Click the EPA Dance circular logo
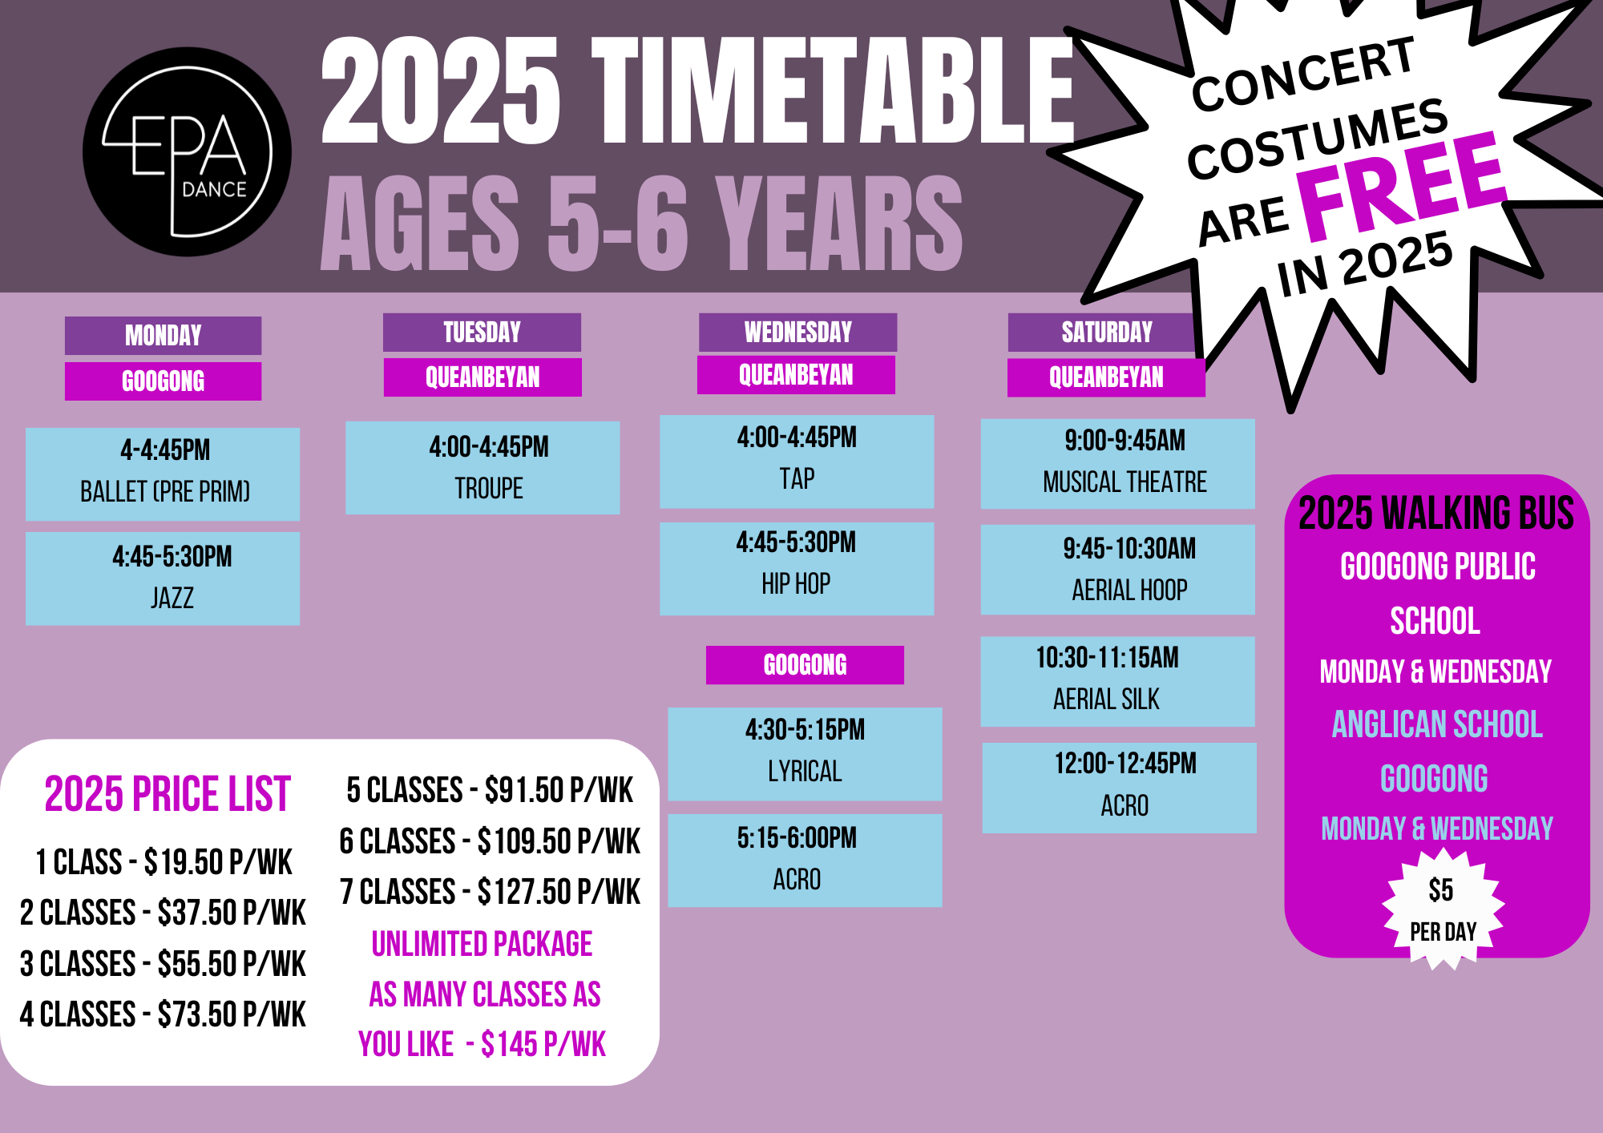[187, 152]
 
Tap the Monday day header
[164, 335]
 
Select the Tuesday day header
[482, 332]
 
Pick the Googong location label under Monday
[164, 381]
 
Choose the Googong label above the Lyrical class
[805, 664]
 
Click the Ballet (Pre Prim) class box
[163, 474]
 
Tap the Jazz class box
[163, 579]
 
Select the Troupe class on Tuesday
[483, 468]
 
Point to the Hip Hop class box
[797, 569]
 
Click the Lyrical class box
[805, 754]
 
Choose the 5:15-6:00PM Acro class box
[805, 861]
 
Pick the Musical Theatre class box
[1118, 464]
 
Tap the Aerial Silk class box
[1118, 682]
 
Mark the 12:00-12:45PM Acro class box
[1119, 788]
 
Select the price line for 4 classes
[163, 1014]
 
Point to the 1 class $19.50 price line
[164, 862]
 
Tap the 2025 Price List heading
[167, 794]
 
